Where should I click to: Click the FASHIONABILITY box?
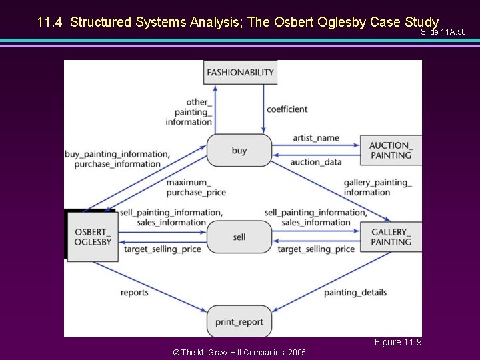240,72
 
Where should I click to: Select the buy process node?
239,151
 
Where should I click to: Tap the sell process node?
239,237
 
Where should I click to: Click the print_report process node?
239,322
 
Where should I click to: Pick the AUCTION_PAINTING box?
391,151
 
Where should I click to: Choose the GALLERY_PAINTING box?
391,237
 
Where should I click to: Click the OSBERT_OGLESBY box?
93,237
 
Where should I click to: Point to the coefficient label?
287,109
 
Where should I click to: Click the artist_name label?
316,138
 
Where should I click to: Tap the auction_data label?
316,162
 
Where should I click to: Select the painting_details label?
355,293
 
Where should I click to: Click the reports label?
135,293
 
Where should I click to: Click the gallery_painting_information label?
377,187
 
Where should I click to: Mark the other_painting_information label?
189,112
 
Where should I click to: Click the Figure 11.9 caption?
397,343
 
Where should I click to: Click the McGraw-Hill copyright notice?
239,352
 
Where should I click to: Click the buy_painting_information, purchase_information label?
117,159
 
